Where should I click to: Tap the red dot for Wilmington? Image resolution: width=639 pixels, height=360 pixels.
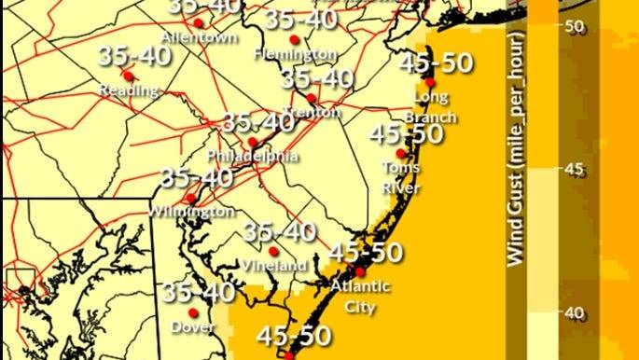pyautogui.click(x=191, y=198)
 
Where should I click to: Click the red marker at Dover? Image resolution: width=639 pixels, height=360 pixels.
pyautogui.click(x=193, y=312)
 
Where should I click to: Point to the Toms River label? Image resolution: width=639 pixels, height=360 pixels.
pyautogui.click(x=400, y=177)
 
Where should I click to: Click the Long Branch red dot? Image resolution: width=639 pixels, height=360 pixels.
pyautogui.click(x=430, y=83)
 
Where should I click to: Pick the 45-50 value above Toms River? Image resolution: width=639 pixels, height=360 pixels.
pyautogui.click(x=405, y=134)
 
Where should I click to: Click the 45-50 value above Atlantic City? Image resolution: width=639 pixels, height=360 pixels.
pyautogui.click(x=367, y=252)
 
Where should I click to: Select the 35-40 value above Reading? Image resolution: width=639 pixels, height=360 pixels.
pyautogui.click(x=134, y=56)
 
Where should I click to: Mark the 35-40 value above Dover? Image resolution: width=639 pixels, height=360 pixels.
pyautogui.click(x=199, y=292)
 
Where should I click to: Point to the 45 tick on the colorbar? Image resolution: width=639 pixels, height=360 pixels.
pyautogui.click(x=576, y=169)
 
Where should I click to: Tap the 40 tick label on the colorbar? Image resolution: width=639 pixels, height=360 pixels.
pyautogui.click(x=576, y=313)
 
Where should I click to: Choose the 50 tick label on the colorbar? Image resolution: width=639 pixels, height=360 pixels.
pyautogui.click(x=576, y=25)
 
